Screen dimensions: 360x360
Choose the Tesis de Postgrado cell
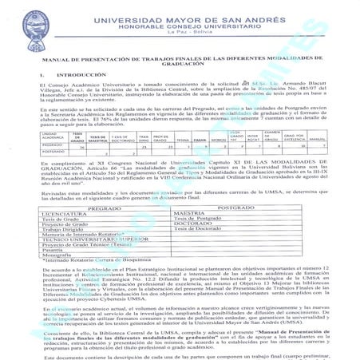pyautogui.click(x=200, y=218)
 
